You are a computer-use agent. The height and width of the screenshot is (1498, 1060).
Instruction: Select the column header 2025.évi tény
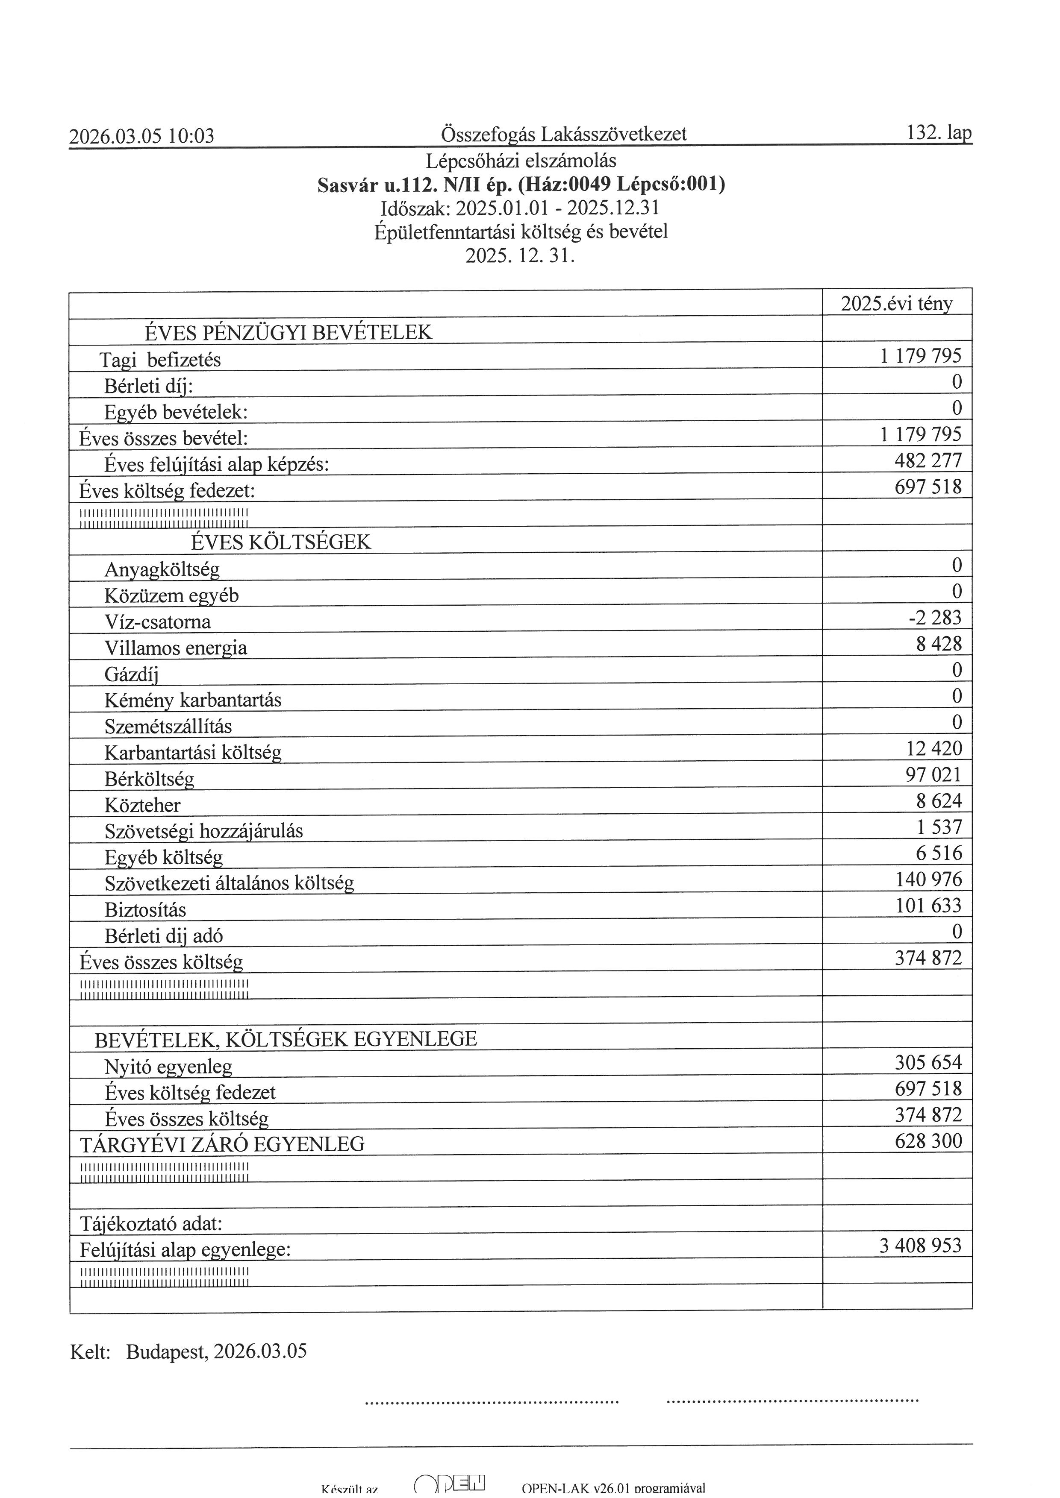point(896,303)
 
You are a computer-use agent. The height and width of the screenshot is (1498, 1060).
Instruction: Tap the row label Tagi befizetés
point(160,360)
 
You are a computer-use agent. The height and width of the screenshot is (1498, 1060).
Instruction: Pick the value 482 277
point(927,460)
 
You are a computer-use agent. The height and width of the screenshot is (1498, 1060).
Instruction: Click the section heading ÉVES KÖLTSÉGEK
point(281,542)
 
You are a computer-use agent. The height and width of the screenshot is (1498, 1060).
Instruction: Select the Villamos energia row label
point(176,648)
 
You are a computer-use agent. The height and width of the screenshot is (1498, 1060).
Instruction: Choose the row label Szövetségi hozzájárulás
point(203,831)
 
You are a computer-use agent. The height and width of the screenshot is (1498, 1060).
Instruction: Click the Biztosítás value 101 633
point(928,906)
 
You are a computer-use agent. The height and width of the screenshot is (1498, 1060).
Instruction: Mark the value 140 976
point(928,879)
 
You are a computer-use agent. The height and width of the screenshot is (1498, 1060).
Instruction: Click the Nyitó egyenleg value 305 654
point(927,1063)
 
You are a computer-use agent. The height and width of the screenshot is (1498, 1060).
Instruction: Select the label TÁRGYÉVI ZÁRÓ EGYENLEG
point(222,1144)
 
